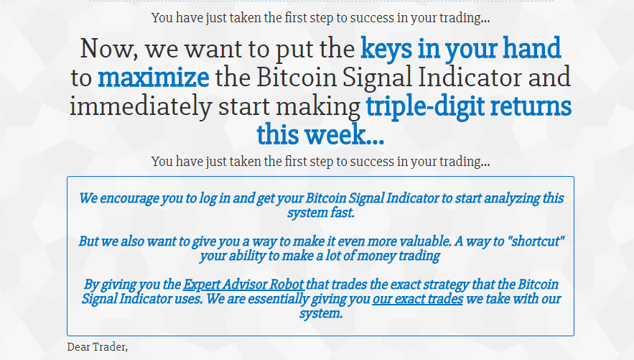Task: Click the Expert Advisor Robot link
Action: click(243, 285)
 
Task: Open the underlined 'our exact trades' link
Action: click(418, 299)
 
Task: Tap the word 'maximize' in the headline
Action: click(154, 78)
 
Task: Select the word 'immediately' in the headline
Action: click(141, 106)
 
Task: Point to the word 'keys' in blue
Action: click(386, 49)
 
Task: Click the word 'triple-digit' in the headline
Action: click(425, 106)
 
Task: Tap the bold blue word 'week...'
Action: click(344, 134)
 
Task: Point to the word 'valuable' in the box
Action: click(425, 241)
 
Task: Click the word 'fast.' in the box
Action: click(340, 213)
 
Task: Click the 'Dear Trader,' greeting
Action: click(98, 347)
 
